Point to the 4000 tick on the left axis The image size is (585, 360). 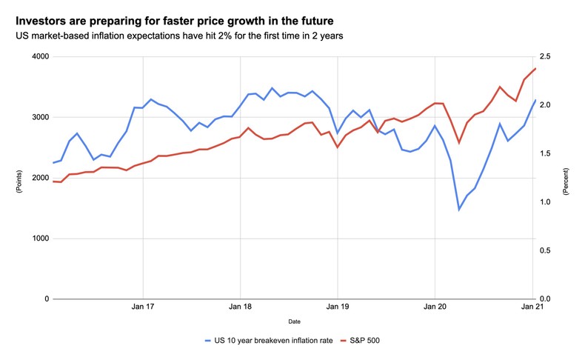click(39, 57)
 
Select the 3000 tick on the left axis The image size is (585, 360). click(39, 118)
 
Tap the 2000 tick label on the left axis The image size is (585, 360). click(39, 179)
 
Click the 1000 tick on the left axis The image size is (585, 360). click(39, 239)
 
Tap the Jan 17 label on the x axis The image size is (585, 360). click(142, 306)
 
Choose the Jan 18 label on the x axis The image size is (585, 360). click(240, 306)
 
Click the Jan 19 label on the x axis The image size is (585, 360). click(338, 306)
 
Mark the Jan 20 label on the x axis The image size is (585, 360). click(435, 306)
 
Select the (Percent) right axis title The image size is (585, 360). click(566, 178)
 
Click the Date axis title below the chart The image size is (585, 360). click(295, 321)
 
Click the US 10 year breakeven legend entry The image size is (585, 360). click(263, 341)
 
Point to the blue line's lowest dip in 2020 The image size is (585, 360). click(459, 210)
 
